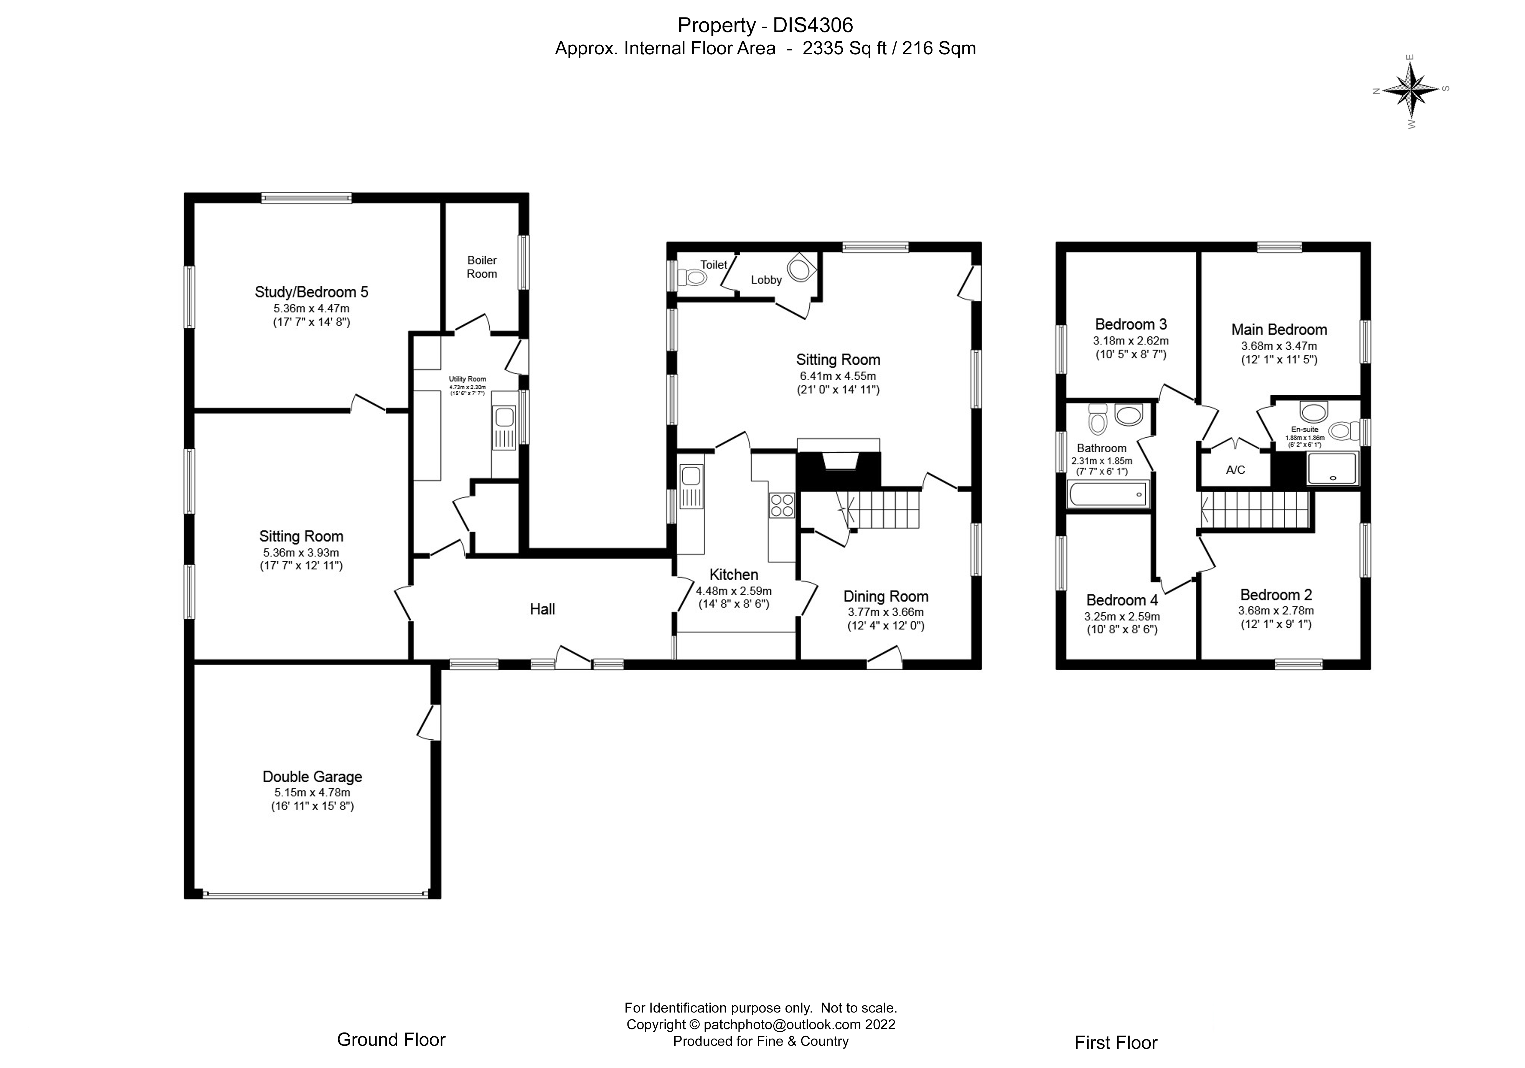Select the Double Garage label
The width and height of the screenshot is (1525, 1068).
312,777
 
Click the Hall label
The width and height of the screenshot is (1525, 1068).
542,609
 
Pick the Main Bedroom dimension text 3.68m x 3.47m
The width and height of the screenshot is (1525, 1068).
1279,346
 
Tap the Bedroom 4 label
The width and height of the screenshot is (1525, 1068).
1122,600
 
